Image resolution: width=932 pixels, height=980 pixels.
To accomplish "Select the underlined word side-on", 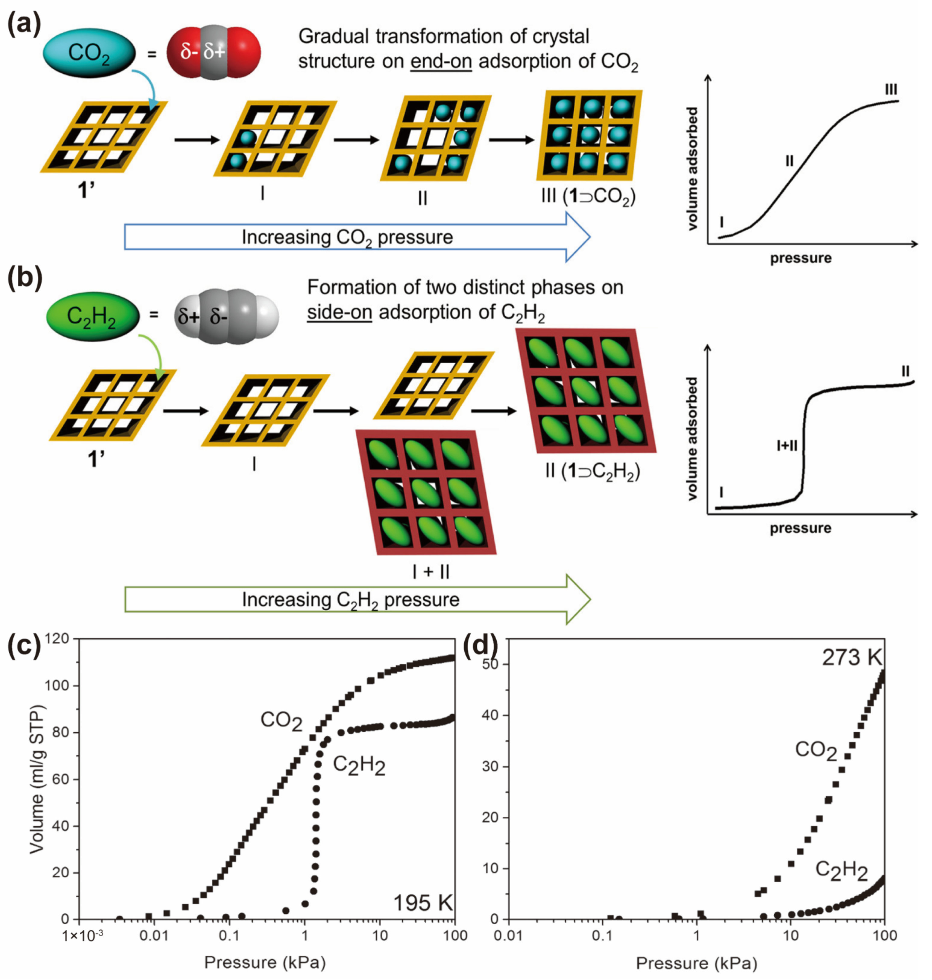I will pos(339,313).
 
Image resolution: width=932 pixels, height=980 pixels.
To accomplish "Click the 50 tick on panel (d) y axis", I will pos(490,664).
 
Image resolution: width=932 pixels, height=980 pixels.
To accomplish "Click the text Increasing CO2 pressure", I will pos(347,237).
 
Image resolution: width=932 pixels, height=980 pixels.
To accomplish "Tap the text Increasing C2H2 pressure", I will pos(350,600).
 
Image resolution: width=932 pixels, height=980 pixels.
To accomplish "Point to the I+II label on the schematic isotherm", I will pos(787,445).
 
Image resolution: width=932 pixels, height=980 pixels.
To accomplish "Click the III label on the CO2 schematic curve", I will pos(891,90).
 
